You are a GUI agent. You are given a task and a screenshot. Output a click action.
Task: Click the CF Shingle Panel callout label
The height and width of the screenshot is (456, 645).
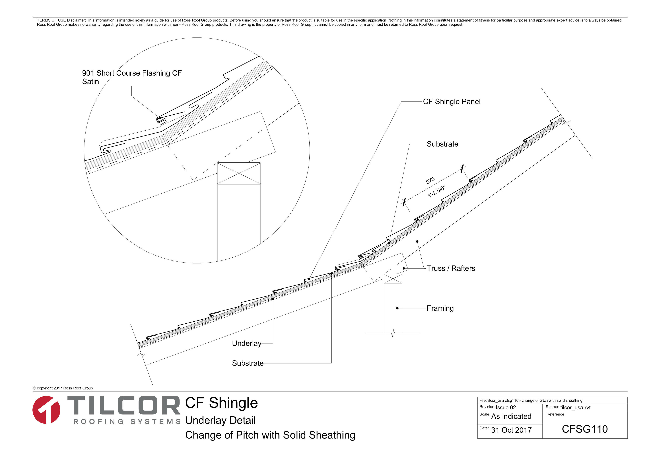tap(451, 102)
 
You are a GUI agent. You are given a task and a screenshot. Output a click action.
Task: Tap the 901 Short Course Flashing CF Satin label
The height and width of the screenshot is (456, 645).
tap(132, 77)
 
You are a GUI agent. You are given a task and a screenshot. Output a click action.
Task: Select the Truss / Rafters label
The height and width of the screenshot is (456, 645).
tap(451, 268)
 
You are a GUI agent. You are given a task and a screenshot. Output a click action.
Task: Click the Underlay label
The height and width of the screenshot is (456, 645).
tap(247, 343)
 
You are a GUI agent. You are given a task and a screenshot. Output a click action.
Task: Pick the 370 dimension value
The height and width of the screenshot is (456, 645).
tap(430, 181)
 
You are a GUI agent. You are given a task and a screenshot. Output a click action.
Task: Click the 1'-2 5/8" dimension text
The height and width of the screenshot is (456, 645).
tap(436, 191)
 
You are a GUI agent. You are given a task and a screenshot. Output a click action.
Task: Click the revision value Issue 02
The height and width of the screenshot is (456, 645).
tap(506, 407)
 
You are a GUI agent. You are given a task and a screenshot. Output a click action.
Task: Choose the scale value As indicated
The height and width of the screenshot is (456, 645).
tap(511, 416)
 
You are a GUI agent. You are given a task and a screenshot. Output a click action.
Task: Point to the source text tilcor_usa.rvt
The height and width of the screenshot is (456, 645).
tap(575, 407)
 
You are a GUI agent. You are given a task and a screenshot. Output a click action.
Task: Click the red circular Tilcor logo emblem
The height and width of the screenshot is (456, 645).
tap(46, 410)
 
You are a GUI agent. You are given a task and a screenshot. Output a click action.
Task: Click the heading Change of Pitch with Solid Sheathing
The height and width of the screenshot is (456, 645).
tap(270, 435)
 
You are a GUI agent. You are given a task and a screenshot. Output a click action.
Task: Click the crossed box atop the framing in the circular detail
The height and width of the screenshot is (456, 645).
tap(239, 173)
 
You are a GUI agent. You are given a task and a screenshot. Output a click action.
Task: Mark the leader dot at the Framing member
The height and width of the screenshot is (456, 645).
tap(397, 308)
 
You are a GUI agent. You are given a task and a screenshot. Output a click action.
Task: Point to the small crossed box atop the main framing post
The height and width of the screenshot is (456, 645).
tap(393, 279)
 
